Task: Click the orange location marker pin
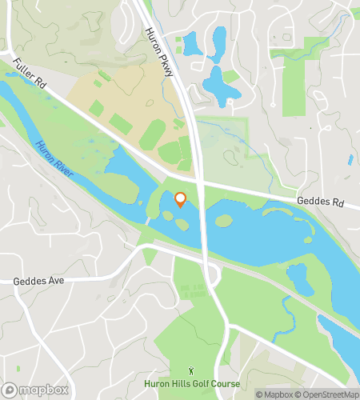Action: tap(180, 200)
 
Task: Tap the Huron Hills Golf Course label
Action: tap(192, 384)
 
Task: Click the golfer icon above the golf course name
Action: tap(192, 370)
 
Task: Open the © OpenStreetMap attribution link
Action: tap(326, 394)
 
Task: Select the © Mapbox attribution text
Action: tap(274, 394)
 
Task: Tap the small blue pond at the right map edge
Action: tap(350, 160)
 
